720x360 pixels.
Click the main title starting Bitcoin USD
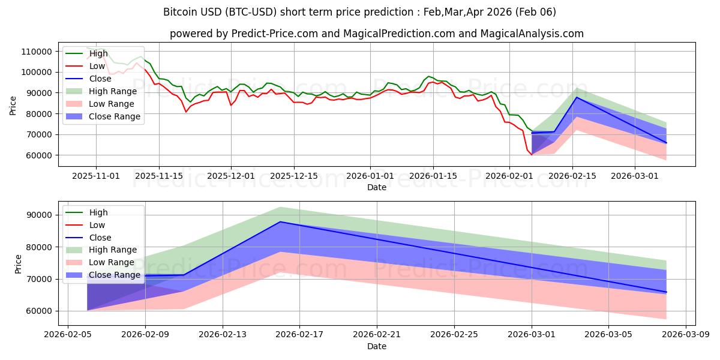pos(359,12)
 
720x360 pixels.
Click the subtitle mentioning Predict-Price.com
pos(376,34)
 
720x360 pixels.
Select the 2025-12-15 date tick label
pos(293,176)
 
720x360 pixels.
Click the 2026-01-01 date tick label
pos(370,176)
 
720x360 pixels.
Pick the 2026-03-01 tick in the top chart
pos(634,176)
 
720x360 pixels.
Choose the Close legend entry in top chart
pos(100,79)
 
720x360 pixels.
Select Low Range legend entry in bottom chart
pos(112,262)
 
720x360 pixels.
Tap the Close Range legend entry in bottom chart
pos(114,275)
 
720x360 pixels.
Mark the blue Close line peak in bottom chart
pos(280,222)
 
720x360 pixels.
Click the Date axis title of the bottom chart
pos(376,346)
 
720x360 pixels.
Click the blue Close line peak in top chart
pos(577,97)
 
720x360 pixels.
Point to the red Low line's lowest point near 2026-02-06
pos(532,154)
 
